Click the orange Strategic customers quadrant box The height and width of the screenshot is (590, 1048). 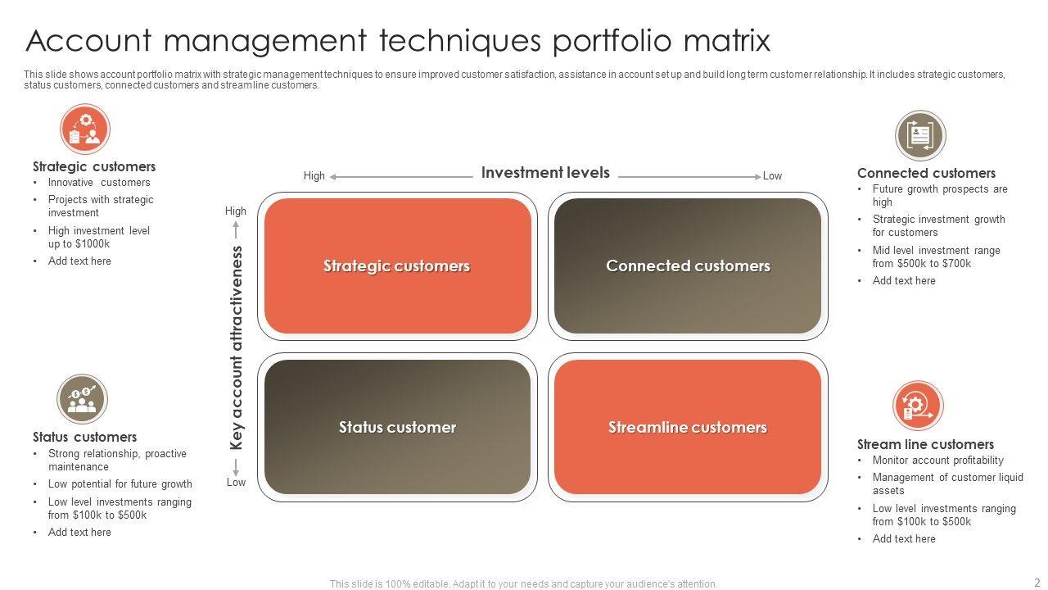pyautogui.click(x=397, y=266)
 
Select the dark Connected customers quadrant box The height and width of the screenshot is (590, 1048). pyautogui.click(x=688, y=266)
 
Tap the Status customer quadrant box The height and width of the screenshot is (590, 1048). pyautogui.click(x=397, y=427)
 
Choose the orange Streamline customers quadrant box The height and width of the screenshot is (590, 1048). pyautogui.click(x=688, y=427)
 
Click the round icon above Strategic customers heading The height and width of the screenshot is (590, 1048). pyautogui.click(x=85, y=129)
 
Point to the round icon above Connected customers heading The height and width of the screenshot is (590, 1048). pyautogui.click(x=920, y=135)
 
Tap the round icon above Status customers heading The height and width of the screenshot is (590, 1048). pyautogui.click(x=82, y=400)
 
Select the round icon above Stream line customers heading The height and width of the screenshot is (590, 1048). pyautogui.click(x=918, y=406)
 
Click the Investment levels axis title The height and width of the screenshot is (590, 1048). pyautogui.click(x=545, y=173)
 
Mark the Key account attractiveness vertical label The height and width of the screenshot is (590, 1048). pyautogui.click(x=237, y=347)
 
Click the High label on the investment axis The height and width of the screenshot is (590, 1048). pyautogui.click(x=314, y=176)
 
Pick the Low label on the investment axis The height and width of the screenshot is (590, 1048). pyautogui.click(x=772, y=176)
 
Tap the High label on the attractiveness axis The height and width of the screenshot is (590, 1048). pyautogui.click(x=236, y=211)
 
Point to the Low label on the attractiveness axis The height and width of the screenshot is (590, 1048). pyautogui.click(x=236, y=483)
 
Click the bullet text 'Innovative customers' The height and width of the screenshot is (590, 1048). pyautogui.click(x=99, y=183)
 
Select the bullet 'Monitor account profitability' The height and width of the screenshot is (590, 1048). pyautogui.click(x=937, y=461)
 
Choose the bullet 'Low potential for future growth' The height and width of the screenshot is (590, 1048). pyautogui.click(x=120, y=484)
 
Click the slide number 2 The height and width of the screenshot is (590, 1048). pyautogui.click(x=1037, y=583)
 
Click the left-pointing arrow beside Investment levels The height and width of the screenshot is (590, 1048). pyautogui.click(x=401, y=176)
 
